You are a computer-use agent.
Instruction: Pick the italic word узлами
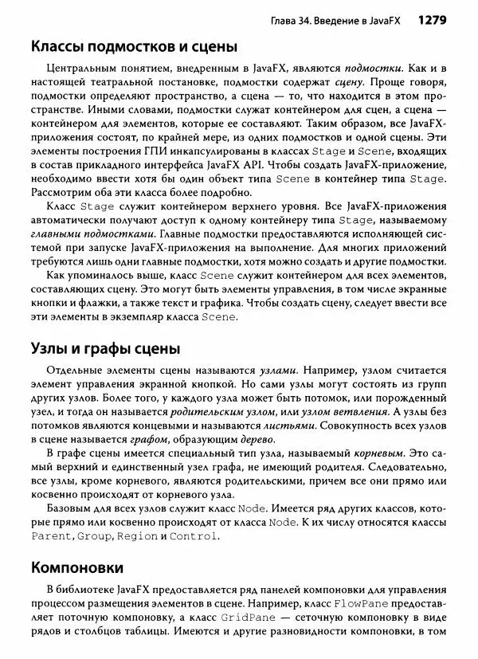click(x=279, y=371)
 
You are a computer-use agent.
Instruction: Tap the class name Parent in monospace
click(x=50, y=536)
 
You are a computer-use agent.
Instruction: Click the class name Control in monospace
click(x=194, y=536)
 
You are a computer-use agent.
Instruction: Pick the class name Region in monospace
click(x=137, y=536)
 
